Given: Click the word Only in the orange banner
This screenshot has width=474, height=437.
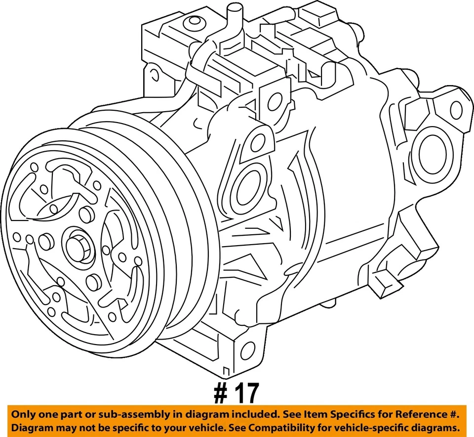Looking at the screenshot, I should [23, 414].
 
